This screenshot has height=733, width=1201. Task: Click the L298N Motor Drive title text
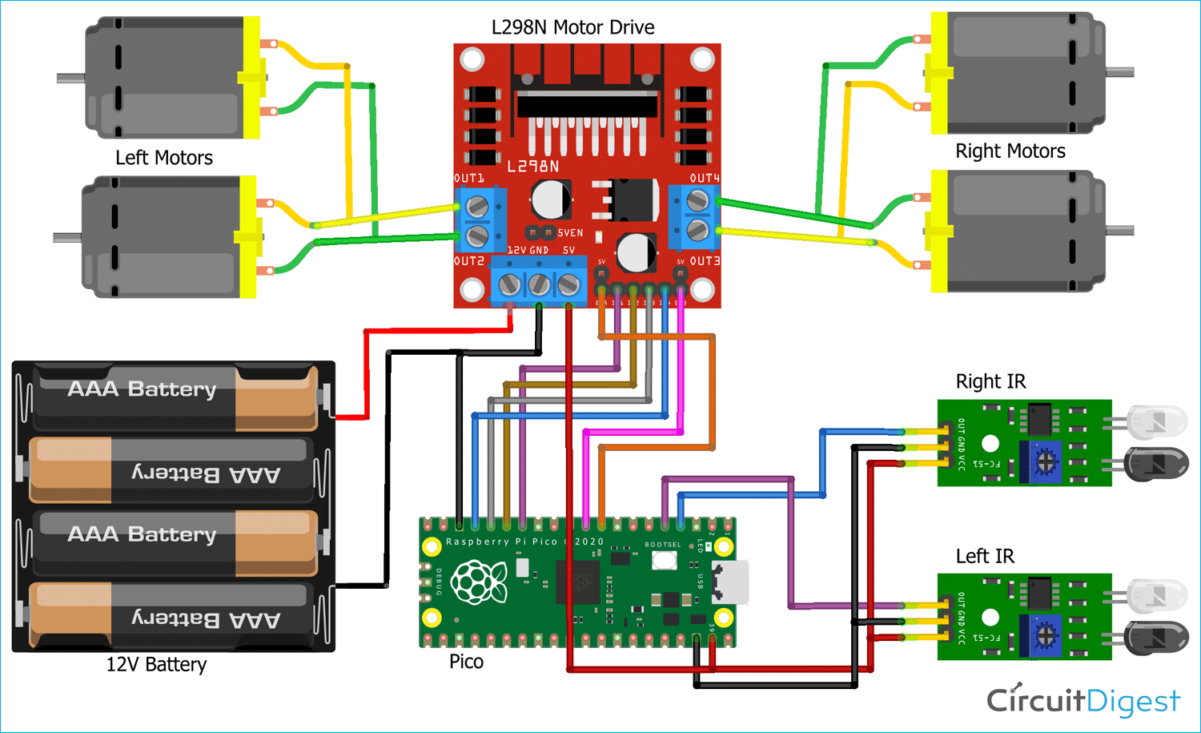click(x=572, y=27)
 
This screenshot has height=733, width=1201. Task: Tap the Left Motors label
click(x=164, y=158)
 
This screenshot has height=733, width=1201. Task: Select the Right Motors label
click(x=1010, y=151)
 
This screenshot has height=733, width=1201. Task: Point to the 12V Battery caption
click(x=156, y=665)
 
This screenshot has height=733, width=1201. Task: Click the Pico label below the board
click(x=466, y=662)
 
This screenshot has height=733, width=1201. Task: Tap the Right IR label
click(x=990, y=381)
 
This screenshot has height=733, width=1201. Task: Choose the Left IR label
click(x=985, y=556)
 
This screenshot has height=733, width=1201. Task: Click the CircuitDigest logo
click(x=1083, y=701)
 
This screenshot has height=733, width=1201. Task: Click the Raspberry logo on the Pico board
click(x=479, y=582)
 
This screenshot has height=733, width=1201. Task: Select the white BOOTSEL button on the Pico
click(x=664, y=560)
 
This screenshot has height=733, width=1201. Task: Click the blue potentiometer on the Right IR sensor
click(x=1044, y=462)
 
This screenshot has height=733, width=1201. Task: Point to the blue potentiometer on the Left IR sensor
click(x=1044, y=636)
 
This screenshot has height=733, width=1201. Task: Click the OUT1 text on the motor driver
click(x=469, y=178)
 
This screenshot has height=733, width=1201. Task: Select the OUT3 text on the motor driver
click(x=705, y=261)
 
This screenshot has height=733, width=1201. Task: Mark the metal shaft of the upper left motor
click(x=71, y=78)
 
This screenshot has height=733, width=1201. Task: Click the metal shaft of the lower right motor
click(x=1119, y=231)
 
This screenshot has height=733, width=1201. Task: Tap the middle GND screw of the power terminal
click(x=539, y=284)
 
